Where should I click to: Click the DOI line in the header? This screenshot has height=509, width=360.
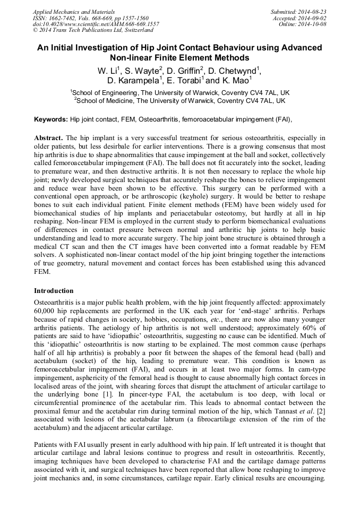point(96,24)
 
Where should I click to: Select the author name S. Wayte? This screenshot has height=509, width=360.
point(142,71)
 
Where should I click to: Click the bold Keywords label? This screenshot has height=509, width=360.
point(51,120)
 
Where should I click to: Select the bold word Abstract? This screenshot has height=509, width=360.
point(48,137)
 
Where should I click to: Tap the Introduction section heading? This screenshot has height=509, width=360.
point(54,291)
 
